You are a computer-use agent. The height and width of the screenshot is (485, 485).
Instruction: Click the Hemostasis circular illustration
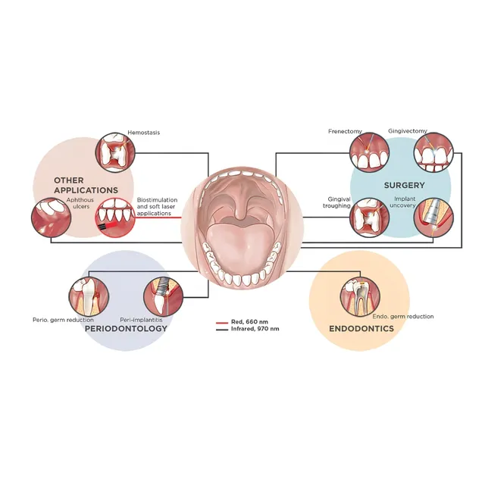[115, 152]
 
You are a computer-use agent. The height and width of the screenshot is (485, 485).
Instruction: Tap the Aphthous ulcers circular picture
[50, 217]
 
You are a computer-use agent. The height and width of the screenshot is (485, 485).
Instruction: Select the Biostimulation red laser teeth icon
[114, 214]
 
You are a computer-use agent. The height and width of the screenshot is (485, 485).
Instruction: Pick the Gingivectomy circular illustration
[431, 153]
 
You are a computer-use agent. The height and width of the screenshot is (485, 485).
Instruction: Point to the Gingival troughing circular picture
[368, 216]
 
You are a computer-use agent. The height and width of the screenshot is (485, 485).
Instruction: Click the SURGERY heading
[403, 185]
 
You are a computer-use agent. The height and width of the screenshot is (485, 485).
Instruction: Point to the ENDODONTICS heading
[361, 329]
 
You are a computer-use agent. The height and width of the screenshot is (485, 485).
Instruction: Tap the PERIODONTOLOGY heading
[125, 329]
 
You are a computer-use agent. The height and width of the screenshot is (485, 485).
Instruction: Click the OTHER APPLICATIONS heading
[86, 185]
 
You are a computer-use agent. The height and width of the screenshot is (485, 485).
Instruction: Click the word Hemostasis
[143, 132]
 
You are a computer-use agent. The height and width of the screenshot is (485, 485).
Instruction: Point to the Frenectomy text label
[346, 131]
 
